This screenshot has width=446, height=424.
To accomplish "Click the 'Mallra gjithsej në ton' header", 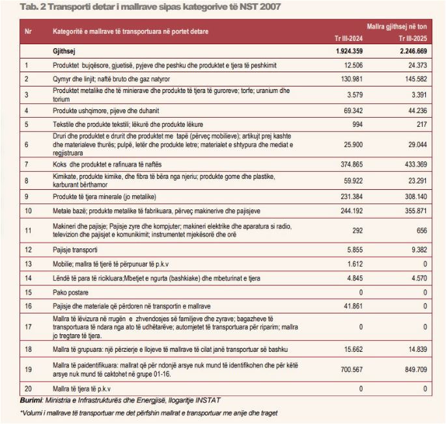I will [x=397, y=27].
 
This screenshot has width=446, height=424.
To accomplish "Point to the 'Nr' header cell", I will [x=28, y=31].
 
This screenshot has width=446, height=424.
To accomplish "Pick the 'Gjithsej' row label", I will [x=65, y=50].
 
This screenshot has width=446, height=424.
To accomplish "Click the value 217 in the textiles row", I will [x=420, y=124].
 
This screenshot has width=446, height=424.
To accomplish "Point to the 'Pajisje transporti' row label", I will [x=74, y=249].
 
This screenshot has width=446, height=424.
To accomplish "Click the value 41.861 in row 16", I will [x=352, y=304].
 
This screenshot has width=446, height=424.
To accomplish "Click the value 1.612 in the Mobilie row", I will [x=354, y=263].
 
